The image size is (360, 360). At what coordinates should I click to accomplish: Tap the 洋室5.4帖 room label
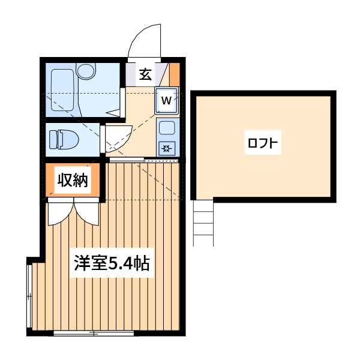pos(112,264)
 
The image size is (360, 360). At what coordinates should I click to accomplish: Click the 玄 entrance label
pos(145,74)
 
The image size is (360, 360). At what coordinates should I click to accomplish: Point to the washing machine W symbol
pos(167,100)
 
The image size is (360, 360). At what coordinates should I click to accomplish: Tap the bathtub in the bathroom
pos(62,90)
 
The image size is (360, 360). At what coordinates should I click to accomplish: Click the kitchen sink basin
pos(167,128)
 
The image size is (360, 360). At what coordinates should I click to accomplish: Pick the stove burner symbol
pos(167,148)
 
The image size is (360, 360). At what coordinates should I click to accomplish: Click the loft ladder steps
pos(203,223)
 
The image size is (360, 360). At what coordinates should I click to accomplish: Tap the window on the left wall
pos(29,294)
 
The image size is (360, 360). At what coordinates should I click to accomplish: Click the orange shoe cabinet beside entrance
pos(174,74)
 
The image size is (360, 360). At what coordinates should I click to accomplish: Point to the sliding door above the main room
pos(144,160)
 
